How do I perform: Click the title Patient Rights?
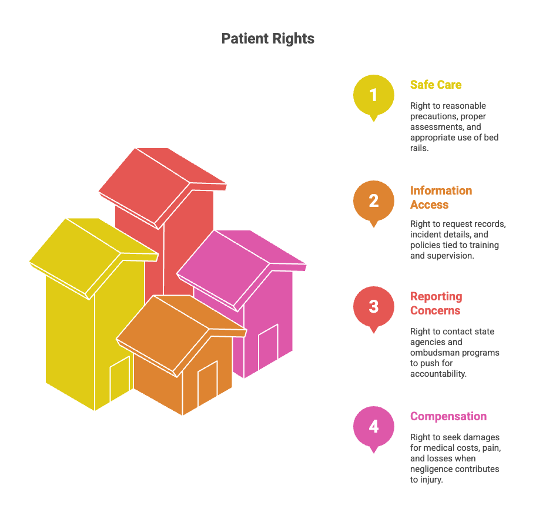(x=267, y=39)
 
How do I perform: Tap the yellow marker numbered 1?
(x=373, y=95)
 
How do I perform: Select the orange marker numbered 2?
(x=373, y=201)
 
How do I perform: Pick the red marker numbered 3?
(x=373, y=307)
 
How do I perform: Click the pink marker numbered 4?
(x=373, y=426)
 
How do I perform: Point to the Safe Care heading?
(x=436, y=85)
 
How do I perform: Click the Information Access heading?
(x=441, y=197)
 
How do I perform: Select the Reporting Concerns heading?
(x=436, y=303)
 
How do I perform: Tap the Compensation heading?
(x=448, y=417)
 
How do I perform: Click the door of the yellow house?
(x=119, y=379)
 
